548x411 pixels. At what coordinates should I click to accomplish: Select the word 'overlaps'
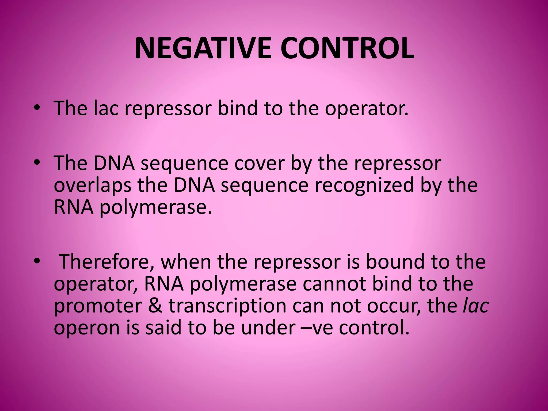[x=92, y=185]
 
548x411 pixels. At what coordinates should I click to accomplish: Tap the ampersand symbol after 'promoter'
[x=155, y=306]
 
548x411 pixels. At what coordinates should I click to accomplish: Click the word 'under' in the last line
[x=268, y=328]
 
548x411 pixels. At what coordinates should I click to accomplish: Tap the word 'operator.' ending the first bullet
[x=367, y=109]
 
